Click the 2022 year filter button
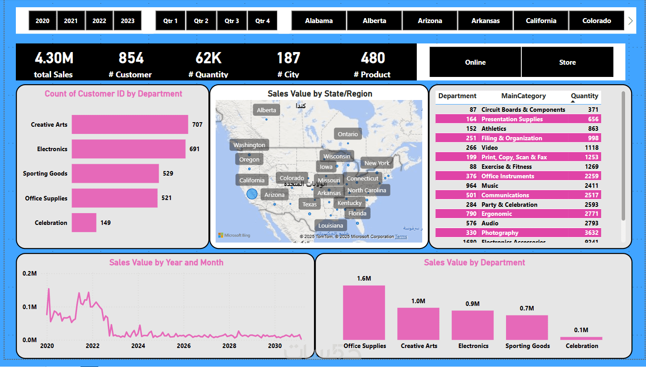pyautogui.click(x=99, y=21)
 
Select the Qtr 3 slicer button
pyautogui.click(x=231, y=21)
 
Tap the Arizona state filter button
pyautogui.click(x=430, y=21)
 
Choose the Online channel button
pyautogui.click(x=475, y=62)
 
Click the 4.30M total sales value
pyautogui.click(x=54, y=58)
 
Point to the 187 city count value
pyautogui.click(x=289, y=58)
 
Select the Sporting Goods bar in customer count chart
pyautogui.click(x=115, y=173)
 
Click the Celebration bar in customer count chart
pyautogui.click(x=84, y=223)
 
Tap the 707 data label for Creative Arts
pyautogui.click(x=197, y=124)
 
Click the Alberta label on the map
pyautogui.click(x=266, y=110)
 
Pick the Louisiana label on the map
pyautogui.click(x=331, y=225)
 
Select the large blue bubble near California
pyautogui.click(x=252, y=194)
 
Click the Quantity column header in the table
pyautogui.click(x=584, y=96)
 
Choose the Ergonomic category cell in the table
pyautogui.click(x=497, y=214)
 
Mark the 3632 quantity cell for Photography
pyautogui.click(x=590, y=233)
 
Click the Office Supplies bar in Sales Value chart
pyautogui.click(x=364, y=312)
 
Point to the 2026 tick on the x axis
pyautogui.click(x=184, y=346)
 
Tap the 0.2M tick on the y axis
pyautogui.click(x=29, y=273)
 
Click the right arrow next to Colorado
pyautogui.click(x=630, y=21)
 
